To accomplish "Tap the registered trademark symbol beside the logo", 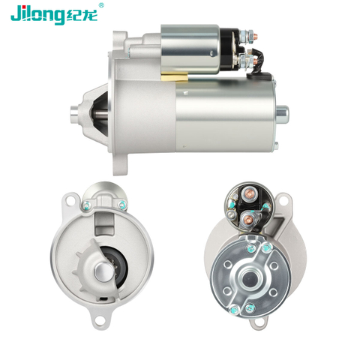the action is tap(101, 5).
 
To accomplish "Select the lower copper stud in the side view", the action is tap(256, 61).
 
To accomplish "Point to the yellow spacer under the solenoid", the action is tap(174, 77).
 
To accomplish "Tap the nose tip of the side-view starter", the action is tap(74, 115).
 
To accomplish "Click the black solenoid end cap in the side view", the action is tap(229, 49).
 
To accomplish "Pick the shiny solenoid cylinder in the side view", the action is tap(190, 49).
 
